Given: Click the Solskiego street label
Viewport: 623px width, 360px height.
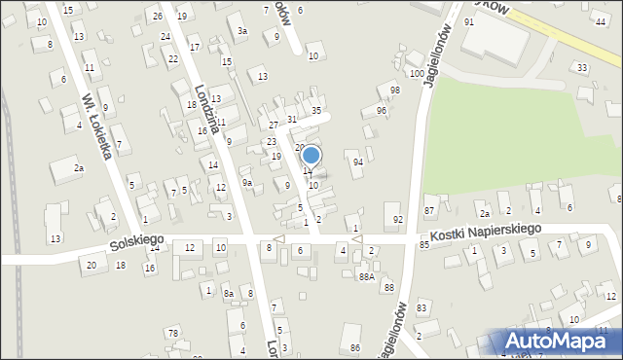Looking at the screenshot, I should [x=135, y=239].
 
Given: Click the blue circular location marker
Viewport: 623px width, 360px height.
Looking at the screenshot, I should [x=311, y=155].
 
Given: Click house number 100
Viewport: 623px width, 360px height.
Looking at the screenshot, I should [x=417, y=74].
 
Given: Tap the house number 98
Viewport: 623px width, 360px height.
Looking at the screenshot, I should [x=394, y=90].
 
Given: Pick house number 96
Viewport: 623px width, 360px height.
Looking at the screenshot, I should [x=382, y=111].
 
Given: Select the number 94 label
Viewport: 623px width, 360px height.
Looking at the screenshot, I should [x=358, y=162].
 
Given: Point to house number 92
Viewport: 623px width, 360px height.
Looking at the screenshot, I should [x=397, y=220].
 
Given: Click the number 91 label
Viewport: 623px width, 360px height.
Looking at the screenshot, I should [x=468, y=21].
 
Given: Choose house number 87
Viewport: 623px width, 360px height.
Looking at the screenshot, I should [x=429, y=211].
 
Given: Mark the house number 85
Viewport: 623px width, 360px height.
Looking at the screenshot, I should [x=424, y=244].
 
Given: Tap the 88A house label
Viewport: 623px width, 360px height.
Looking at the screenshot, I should [x=366, y=276].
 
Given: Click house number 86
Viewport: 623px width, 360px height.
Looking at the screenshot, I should [x=355, y=347].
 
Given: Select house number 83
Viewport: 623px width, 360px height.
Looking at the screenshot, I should [x=421, y=308].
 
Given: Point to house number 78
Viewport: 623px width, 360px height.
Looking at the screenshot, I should [x=171, y=334].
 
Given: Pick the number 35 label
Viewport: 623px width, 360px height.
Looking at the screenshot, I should [x=316, y=111].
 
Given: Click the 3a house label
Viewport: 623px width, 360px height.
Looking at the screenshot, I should [x=242, y=31].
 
